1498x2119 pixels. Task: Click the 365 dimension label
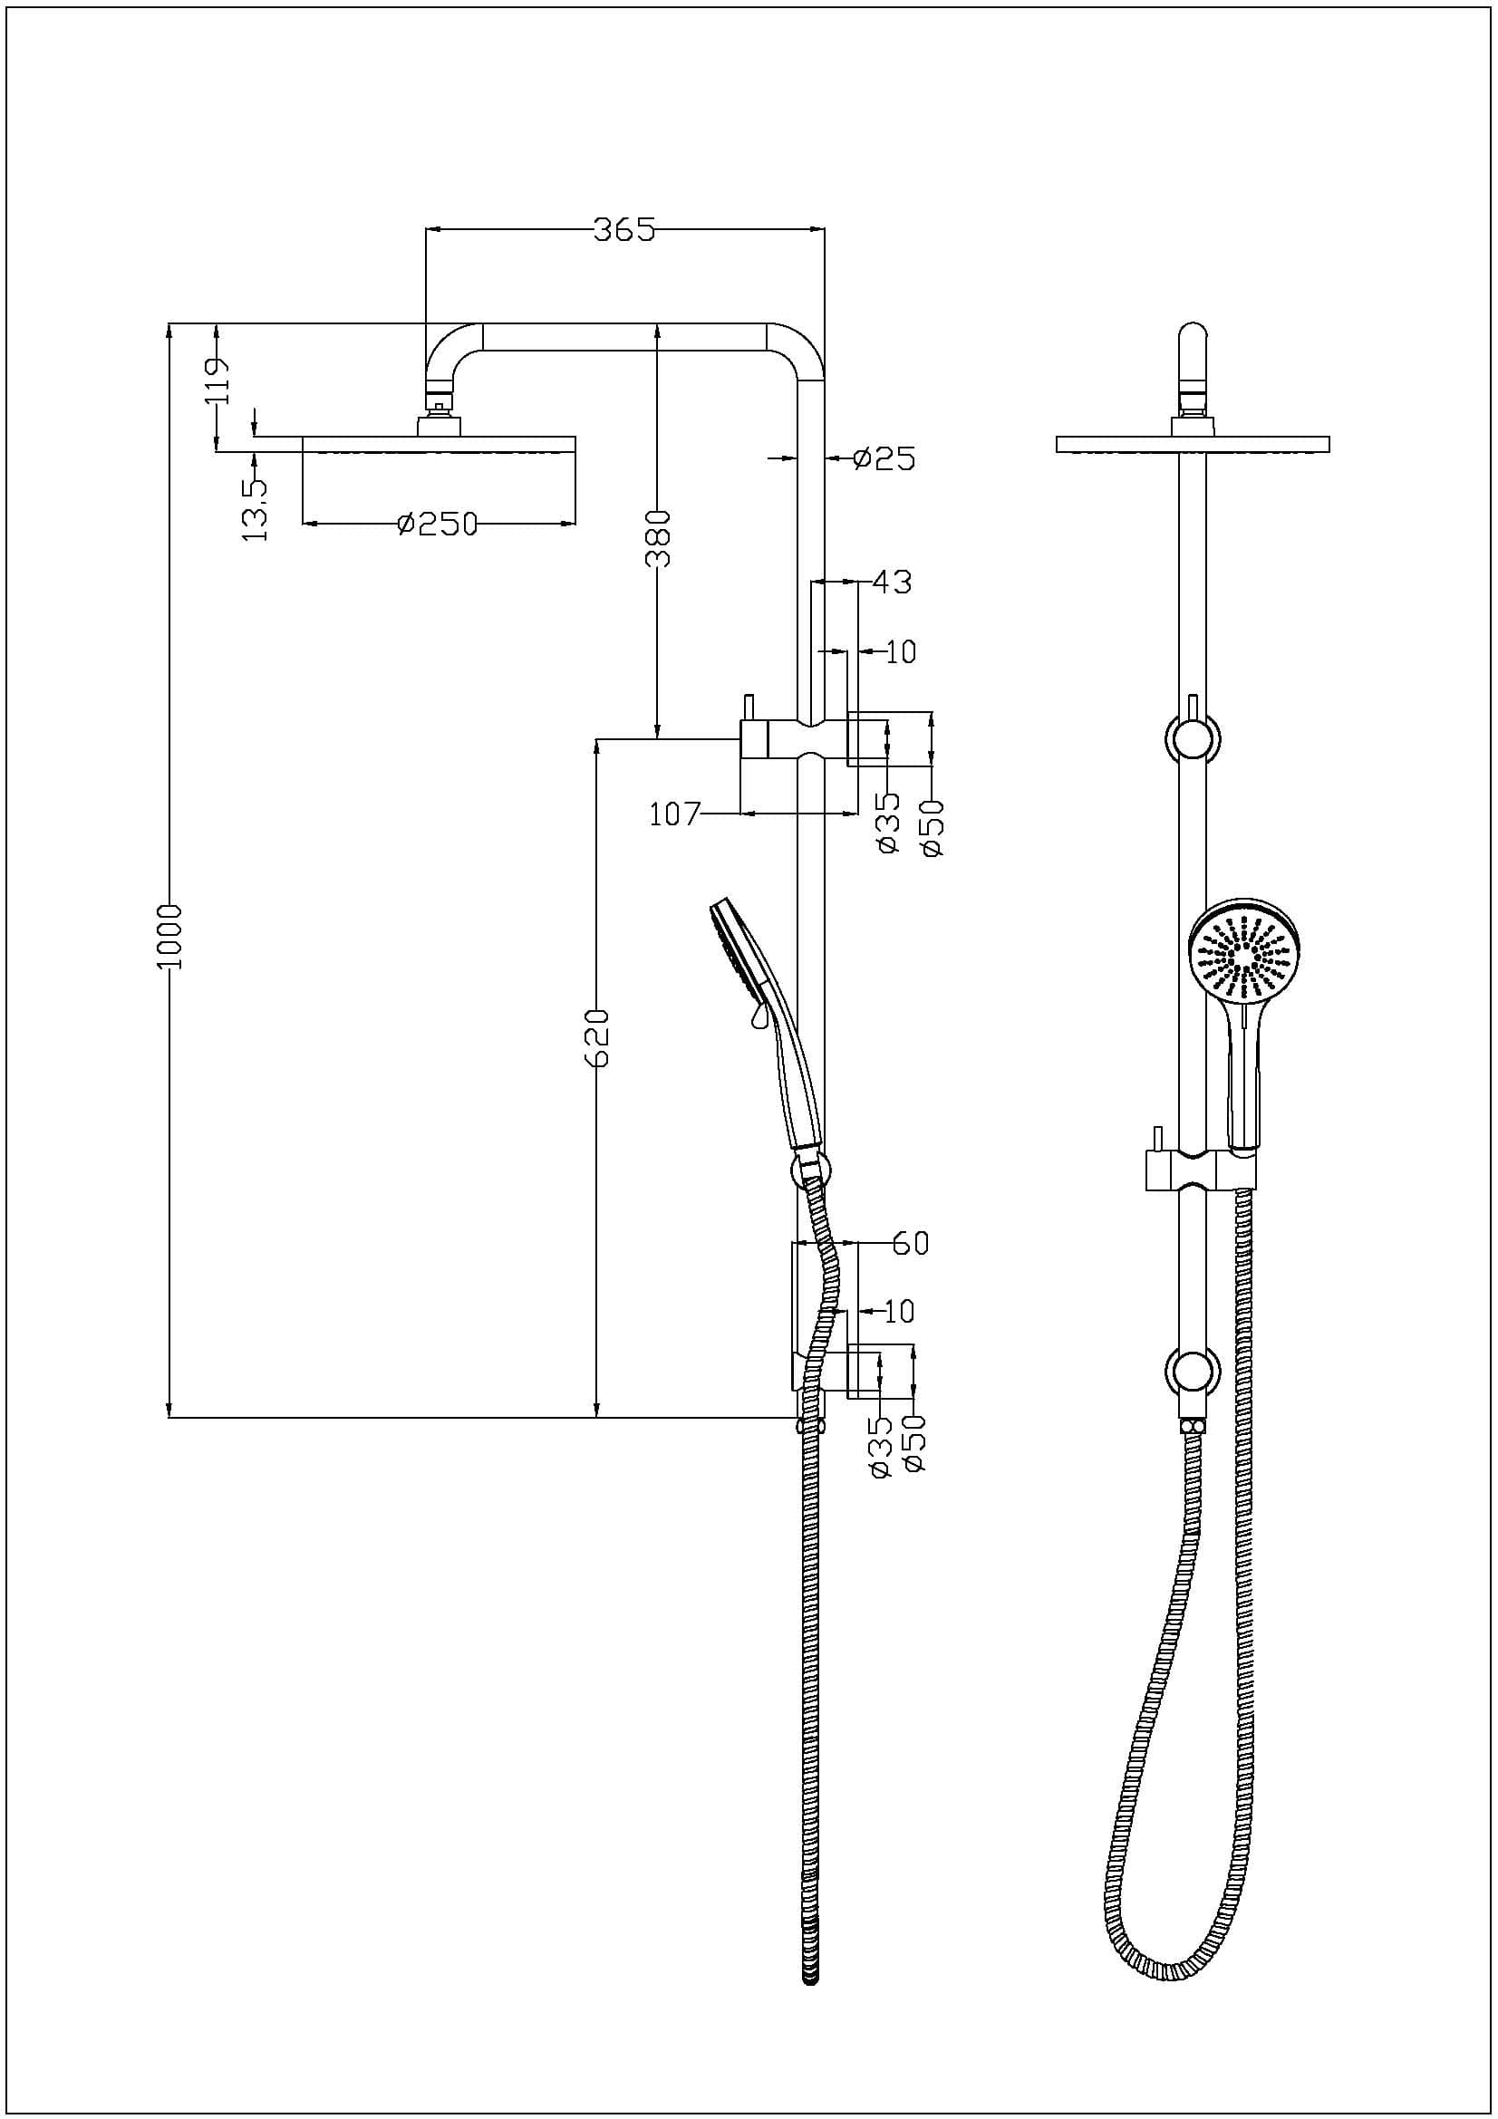623,230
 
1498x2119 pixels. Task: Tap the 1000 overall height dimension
171,936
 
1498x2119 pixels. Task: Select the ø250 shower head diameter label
438,525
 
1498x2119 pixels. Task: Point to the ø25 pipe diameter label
884,458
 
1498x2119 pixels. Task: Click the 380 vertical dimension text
658,538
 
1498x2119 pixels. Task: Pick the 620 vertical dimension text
598,1038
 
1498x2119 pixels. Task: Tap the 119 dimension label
218,380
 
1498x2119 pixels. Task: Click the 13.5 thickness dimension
255,508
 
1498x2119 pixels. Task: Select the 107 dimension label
675,815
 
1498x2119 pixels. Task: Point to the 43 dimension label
891,583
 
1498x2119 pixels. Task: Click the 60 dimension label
910,1244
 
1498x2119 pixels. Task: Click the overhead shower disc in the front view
1193,444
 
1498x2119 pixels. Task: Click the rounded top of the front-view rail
1193,334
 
